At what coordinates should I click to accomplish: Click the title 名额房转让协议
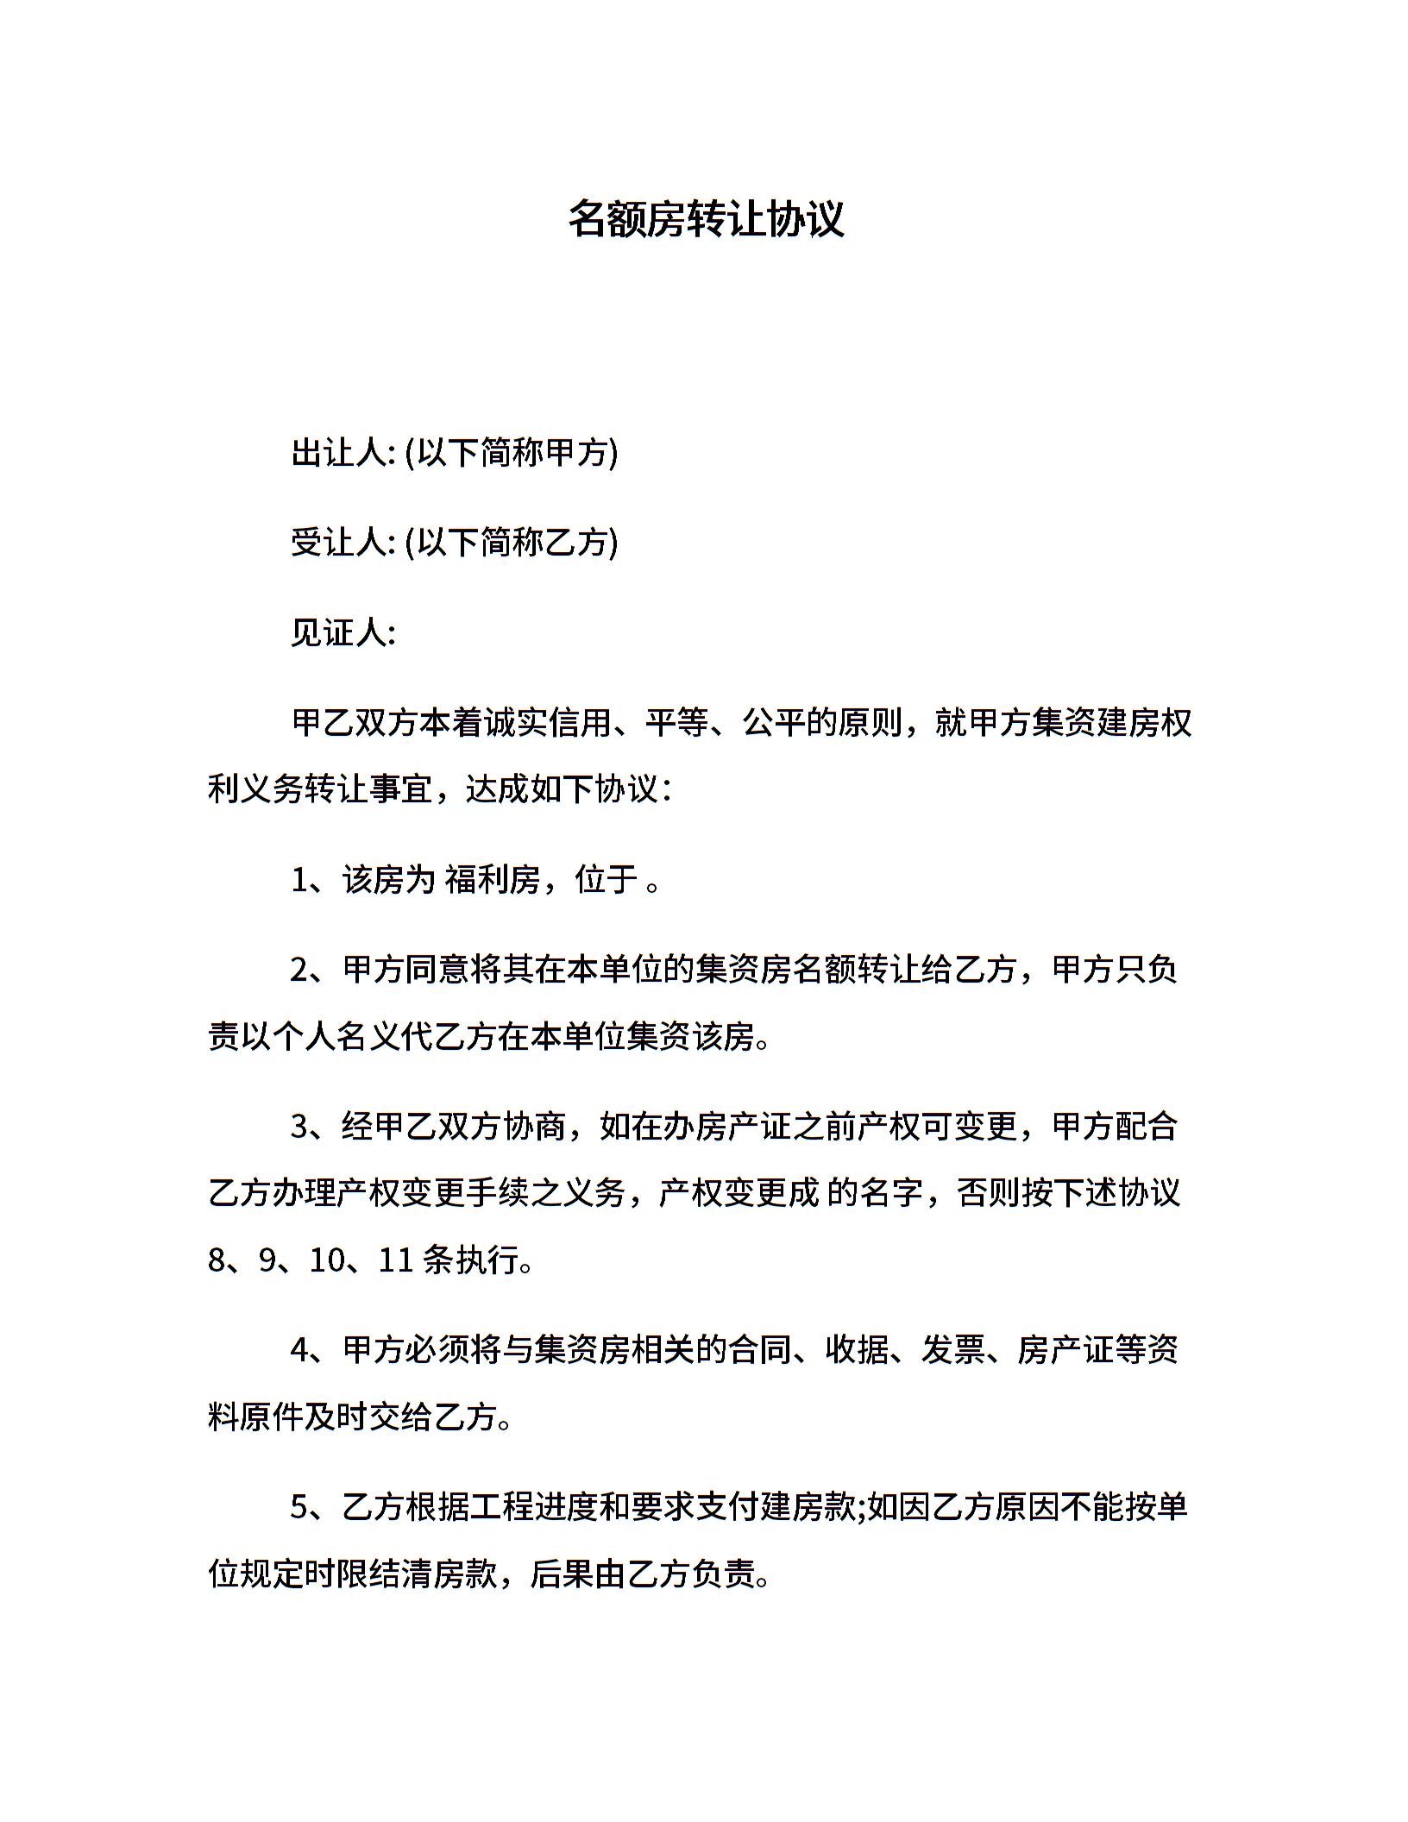705,218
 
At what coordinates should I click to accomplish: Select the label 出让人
341,453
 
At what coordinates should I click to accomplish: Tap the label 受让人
341,543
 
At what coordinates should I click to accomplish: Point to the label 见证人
341,633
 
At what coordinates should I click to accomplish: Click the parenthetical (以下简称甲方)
512,453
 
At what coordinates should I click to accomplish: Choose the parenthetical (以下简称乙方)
512,543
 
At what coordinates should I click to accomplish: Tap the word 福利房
493,880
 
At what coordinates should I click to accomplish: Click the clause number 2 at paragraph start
300,971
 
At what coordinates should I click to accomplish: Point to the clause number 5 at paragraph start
300,1507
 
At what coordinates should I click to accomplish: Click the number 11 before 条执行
397,1261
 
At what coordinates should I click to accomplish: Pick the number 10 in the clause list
327,1261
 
